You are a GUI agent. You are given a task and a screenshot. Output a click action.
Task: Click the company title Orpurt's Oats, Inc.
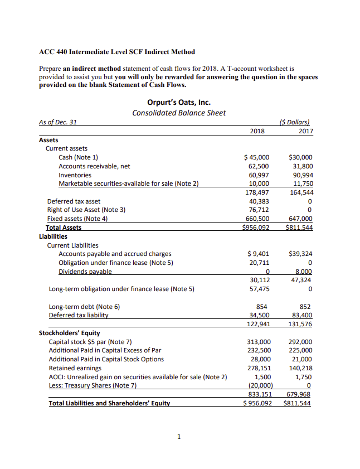179,102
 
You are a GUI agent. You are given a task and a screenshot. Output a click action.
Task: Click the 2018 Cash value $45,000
257,157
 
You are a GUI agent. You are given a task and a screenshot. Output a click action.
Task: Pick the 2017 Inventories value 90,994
302,175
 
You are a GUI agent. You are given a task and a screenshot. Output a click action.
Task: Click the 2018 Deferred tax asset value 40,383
260,201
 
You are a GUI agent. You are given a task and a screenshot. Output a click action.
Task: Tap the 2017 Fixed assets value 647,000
300,219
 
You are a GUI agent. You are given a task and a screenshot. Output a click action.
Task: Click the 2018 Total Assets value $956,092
258,228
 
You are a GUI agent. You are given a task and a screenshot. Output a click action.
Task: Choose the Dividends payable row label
85,271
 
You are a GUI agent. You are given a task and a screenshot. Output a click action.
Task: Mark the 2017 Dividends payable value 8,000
303,271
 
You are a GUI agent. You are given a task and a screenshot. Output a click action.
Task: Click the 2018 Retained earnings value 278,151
259,368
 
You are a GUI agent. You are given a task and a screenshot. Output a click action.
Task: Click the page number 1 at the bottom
179,436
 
